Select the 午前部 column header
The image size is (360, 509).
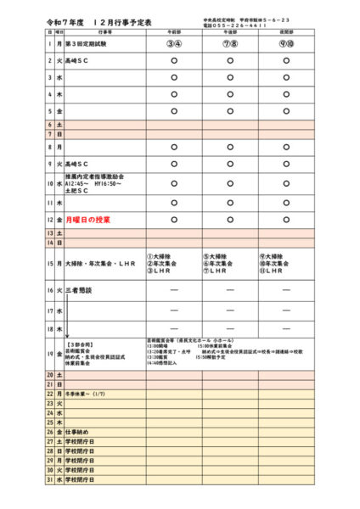[x=173, y=31]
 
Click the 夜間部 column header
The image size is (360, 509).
[x=288, y=31]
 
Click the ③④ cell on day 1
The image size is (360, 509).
[x=173, y=42]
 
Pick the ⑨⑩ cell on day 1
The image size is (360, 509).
[x=288, y=42]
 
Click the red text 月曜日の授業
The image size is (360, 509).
[x=88, y=219]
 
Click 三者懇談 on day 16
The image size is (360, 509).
[x=78, y=290]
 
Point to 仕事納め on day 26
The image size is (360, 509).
[x=77, y=431]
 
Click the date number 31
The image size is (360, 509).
[x=50, y=480]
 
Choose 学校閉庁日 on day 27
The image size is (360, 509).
[x=80, y=443]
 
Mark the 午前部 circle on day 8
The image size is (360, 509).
[x=173, y=147]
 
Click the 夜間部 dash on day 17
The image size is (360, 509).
[x=288, y=310]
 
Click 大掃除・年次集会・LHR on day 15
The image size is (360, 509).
[x=100, y=264]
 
